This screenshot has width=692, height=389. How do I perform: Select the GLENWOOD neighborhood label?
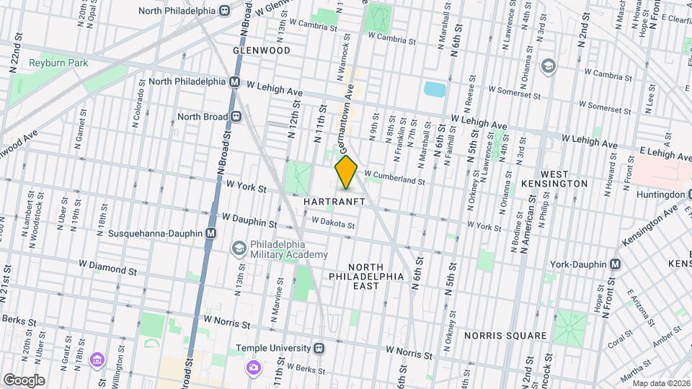pyautogui.click(x=262, y=50)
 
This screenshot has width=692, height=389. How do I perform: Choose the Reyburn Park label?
pyautogui.click(x=58, y=63)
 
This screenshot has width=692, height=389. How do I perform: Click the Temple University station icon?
pyautogui.click(x=319, y=349)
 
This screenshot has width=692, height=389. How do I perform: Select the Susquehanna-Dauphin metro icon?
pyautogui.click(x=210, y=233)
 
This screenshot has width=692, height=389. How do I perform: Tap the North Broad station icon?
pyautogui.click(x=236, y=117)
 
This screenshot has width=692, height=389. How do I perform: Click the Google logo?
pyautogui.click(x=24, y=380)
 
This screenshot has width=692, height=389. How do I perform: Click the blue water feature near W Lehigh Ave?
pyautogui.click(x=435, y=89)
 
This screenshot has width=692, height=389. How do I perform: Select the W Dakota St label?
pyautogui.click(x=333, y=225)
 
